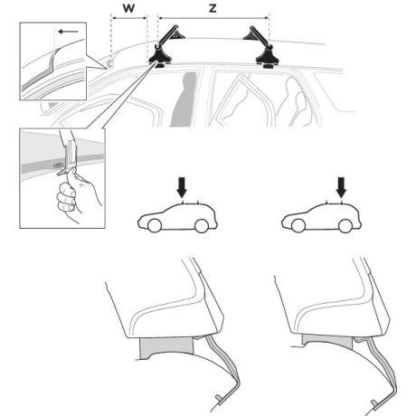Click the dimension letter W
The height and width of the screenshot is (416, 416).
128,8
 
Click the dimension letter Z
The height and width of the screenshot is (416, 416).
213,8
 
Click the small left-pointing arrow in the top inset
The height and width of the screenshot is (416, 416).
68,32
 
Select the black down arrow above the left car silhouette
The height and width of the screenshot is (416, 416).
182,187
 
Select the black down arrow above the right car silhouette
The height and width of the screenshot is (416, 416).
341,187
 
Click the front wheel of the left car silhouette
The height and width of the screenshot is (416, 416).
155,225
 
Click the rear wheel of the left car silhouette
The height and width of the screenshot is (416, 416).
202,225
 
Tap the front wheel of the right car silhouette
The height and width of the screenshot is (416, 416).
298,225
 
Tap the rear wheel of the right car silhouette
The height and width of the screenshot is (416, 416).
345,225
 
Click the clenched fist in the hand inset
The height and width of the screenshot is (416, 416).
67,197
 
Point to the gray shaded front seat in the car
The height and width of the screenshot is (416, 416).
184,99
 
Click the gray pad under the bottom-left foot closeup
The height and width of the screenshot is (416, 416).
165,347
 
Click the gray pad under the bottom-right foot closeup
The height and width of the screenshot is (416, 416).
327,341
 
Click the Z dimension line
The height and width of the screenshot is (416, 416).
213,18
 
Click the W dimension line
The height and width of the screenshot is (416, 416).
129,18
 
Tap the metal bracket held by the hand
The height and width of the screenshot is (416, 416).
71,156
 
